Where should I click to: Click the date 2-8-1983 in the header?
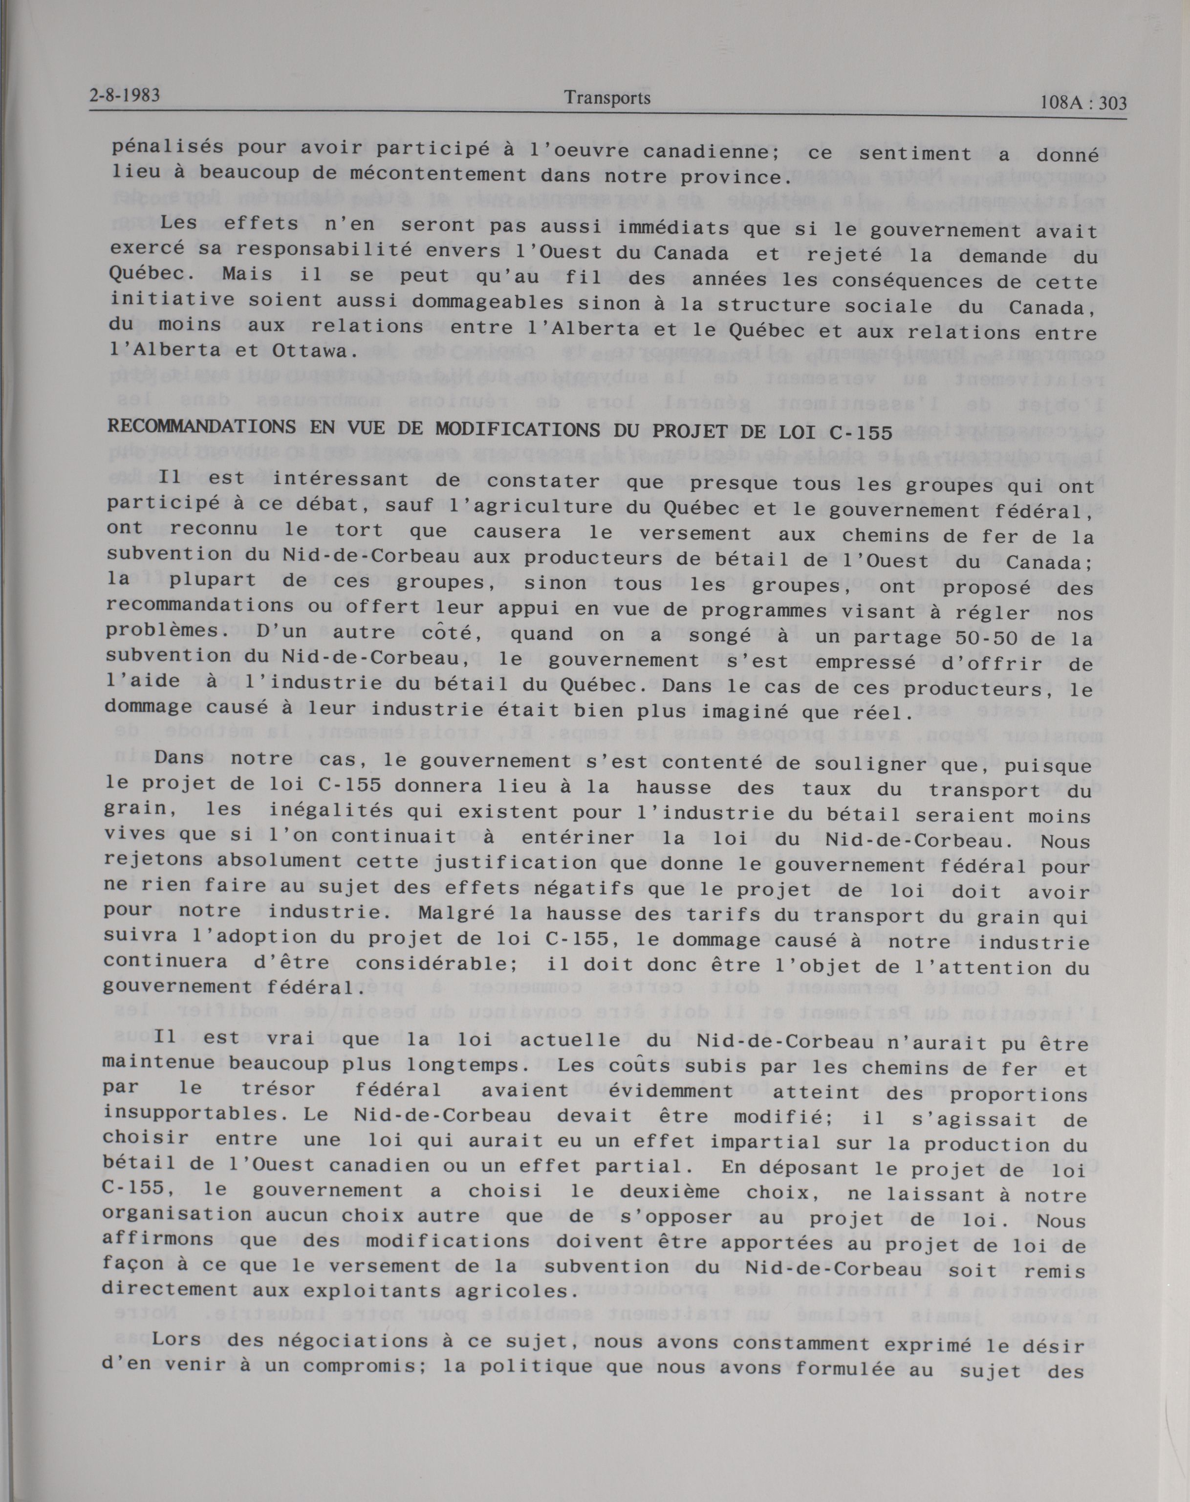point(125,95)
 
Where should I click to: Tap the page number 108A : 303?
point(1081,104)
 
